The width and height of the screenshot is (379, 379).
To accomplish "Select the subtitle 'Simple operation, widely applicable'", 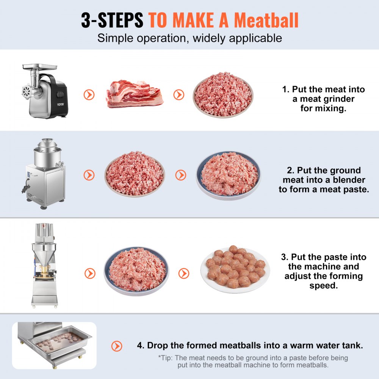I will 189,38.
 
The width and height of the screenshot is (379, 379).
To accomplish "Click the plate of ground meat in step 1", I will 222,94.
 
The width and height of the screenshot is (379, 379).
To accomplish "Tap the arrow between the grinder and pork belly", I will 89,94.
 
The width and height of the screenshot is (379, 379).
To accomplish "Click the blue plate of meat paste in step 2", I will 229,175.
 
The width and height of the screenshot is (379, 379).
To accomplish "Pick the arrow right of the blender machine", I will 89,175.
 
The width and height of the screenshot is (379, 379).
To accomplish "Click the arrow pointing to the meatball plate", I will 184,273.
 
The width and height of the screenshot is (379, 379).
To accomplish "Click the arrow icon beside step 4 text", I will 117,346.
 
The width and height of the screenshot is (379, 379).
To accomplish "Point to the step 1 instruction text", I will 323,99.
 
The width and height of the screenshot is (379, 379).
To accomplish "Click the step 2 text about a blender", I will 323,180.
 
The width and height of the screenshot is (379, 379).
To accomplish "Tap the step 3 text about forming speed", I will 323,271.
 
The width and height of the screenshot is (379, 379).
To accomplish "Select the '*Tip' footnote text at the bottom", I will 252,361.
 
